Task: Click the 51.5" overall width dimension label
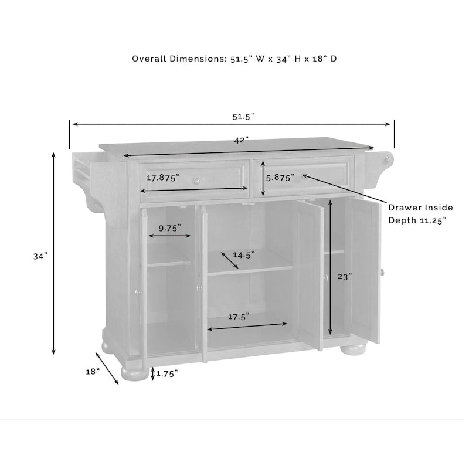click(243, 116)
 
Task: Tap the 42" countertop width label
click(242, 140)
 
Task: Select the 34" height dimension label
click(40, 256)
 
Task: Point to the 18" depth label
click(93, 372)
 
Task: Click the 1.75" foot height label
click(167, 373)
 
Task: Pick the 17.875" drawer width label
click(163, 178)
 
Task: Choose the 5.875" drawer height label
click(280, 178)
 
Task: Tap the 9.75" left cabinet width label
click(169, 228)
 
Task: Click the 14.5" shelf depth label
click(244, 255)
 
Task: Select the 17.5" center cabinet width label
click(239, 317)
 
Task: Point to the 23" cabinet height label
click(345, 277)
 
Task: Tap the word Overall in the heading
click(149, 59)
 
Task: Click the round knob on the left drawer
click(197, 181)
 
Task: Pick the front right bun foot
click(353, 349)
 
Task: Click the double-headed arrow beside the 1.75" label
click(153, 373)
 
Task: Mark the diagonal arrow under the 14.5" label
click(230, 260)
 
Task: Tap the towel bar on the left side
click(81, 172)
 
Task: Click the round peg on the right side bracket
click(388, 159)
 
